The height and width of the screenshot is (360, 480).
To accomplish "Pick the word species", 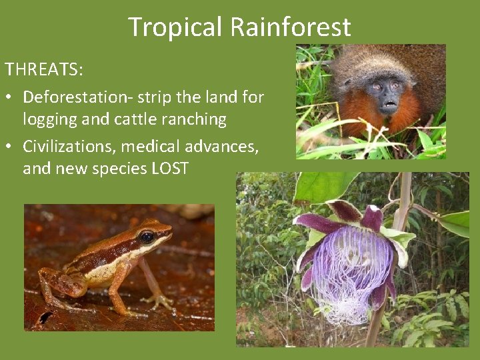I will click(119, 169).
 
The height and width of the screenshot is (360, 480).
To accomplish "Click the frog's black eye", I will click(147, 237).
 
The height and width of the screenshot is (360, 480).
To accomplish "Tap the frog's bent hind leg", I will click(57, 283).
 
